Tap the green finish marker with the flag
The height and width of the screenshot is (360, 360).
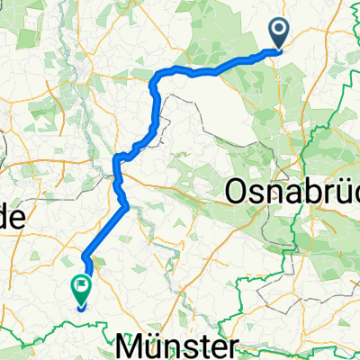[x=81, y=288]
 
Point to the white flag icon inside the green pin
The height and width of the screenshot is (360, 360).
[x=82, y=286]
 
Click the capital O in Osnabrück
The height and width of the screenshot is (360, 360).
[x=236, y=192]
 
